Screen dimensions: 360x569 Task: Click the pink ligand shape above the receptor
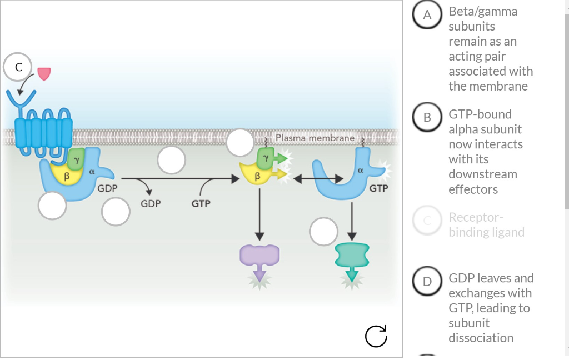coord(44,73)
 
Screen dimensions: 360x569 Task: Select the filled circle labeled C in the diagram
coord(19,67)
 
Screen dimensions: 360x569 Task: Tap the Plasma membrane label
coord(315,137)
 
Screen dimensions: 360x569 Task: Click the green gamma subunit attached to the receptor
coord(77,158)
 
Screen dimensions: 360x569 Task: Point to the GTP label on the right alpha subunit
coord(378,188)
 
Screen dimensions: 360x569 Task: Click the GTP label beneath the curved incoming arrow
coord(201,204)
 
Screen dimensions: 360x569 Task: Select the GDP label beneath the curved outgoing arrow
coord(151,204)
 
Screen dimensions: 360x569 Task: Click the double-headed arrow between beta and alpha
coord(318,178)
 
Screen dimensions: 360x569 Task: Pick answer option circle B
coord(427,117)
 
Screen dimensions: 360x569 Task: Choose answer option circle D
coord(427,281)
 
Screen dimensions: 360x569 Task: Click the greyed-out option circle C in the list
coord(427,221)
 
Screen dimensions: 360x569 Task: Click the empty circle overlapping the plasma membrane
coord(240,142)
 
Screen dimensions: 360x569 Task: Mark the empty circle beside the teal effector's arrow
coord(323,232)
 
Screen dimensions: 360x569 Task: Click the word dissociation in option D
coord(481,338)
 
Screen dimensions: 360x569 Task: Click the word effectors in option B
coord(473,189)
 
